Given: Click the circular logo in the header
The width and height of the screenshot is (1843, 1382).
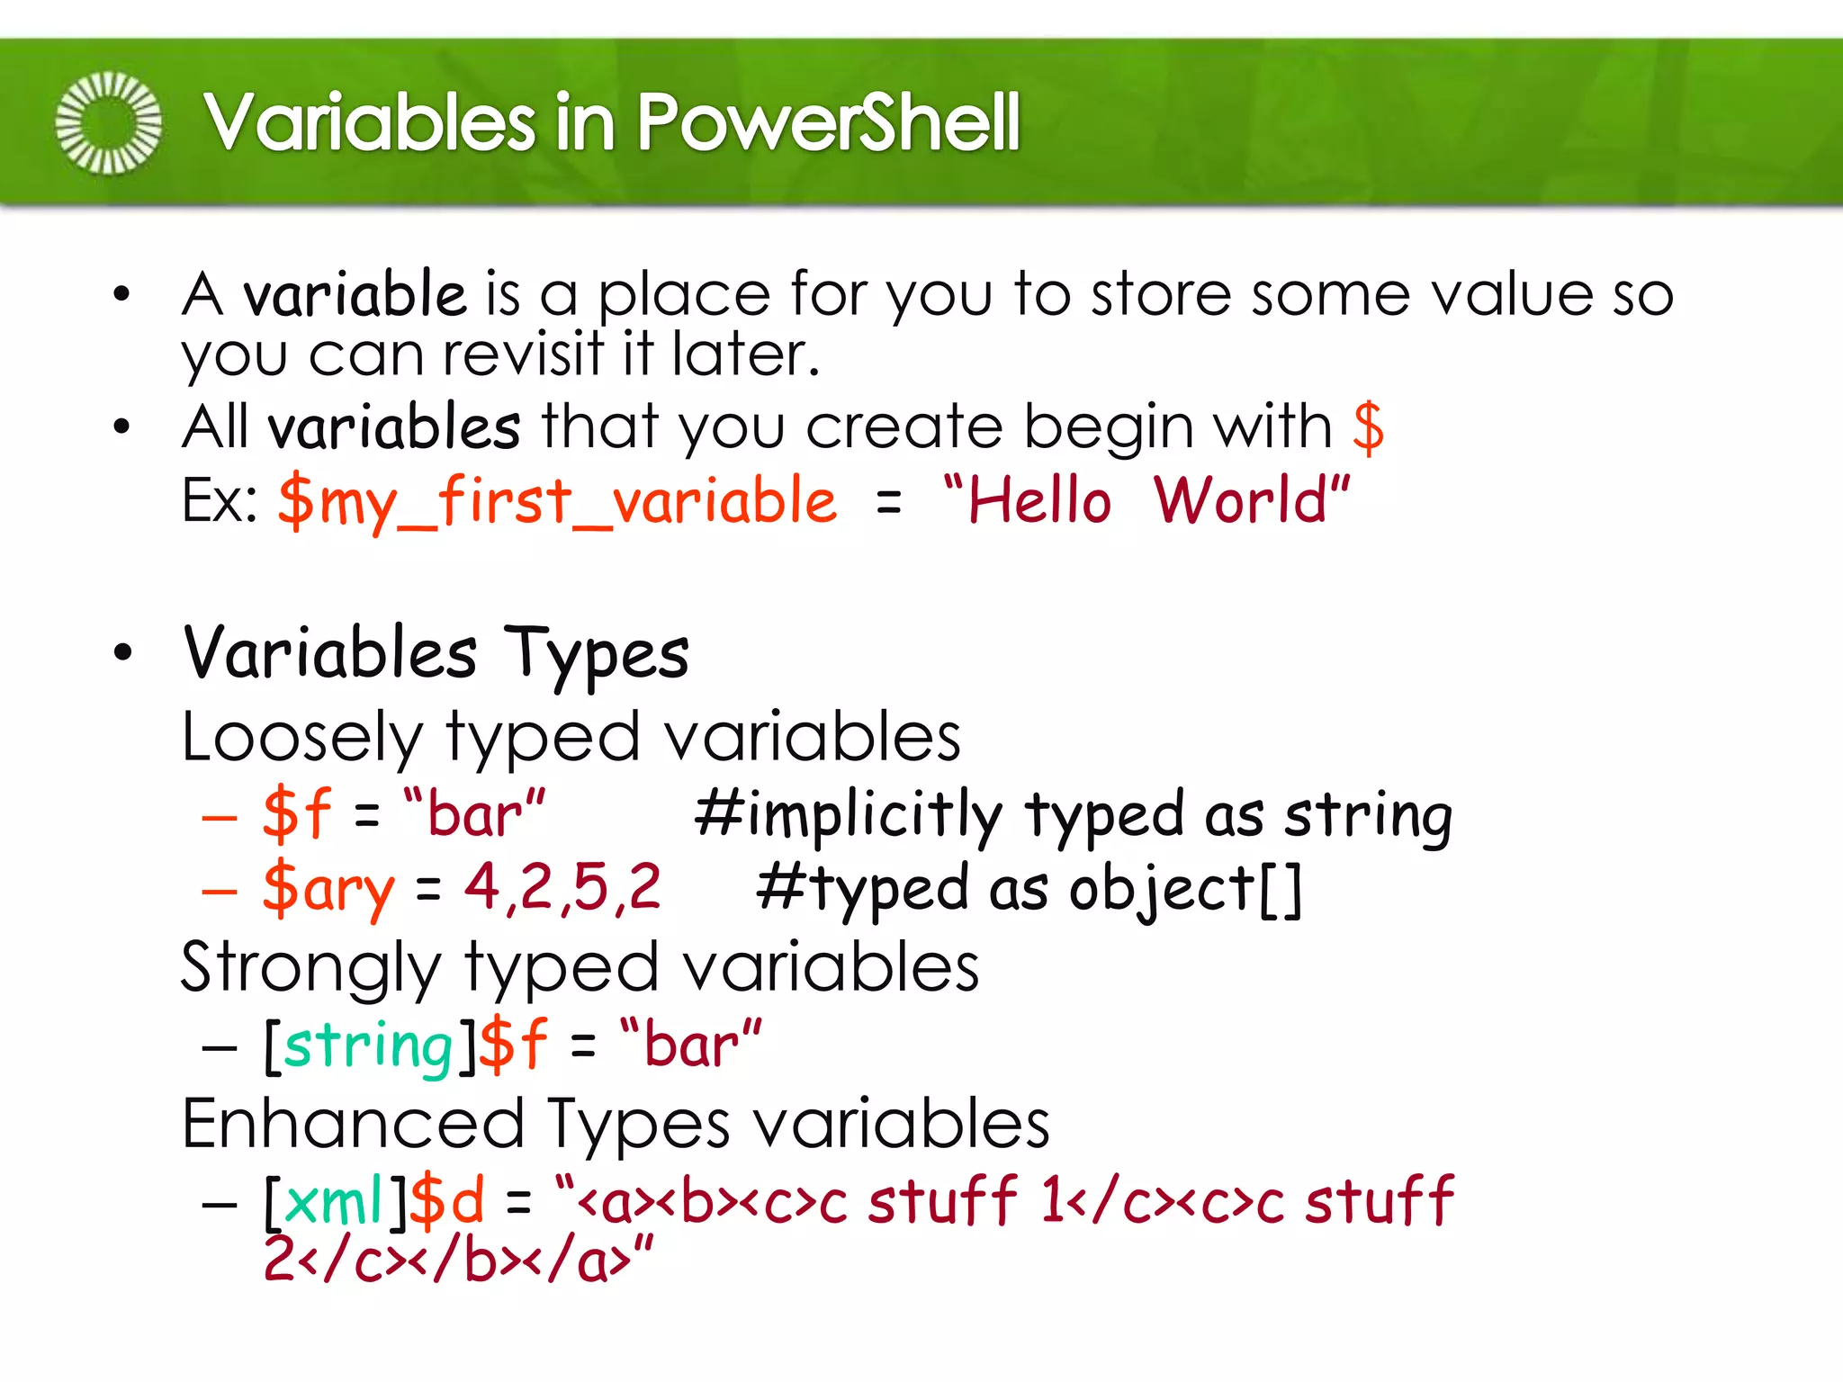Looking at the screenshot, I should click(109, 122).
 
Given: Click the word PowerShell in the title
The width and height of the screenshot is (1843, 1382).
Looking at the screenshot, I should click(828, 122).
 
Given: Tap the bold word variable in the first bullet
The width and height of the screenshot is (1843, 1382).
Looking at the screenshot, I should click(355, 294).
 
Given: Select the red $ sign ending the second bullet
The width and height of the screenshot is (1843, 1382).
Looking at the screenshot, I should click(1368, 427).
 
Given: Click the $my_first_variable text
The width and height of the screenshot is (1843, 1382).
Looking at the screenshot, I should click(557, 502).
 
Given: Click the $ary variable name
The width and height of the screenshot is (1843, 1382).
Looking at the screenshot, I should click(328, 889).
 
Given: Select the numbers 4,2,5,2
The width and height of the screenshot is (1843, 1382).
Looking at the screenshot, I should click(562, 887).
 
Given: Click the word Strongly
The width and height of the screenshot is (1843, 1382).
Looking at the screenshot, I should click(310, 968).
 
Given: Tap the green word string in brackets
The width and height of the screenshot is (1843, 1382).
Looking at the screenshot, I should click(369, 1046).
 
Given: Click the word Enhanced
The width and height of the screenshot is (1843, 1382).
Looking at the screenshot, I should click(353, 1125).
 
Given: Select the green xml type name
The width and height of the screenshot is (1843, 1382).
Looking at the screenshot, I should click(333, 1201).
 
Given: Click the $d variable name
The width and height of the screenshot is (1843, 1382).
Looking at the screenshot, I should click(447, 1201).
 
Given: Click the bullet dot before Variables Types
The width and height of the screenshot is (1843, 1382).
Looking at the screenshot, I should click(122, 653).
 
